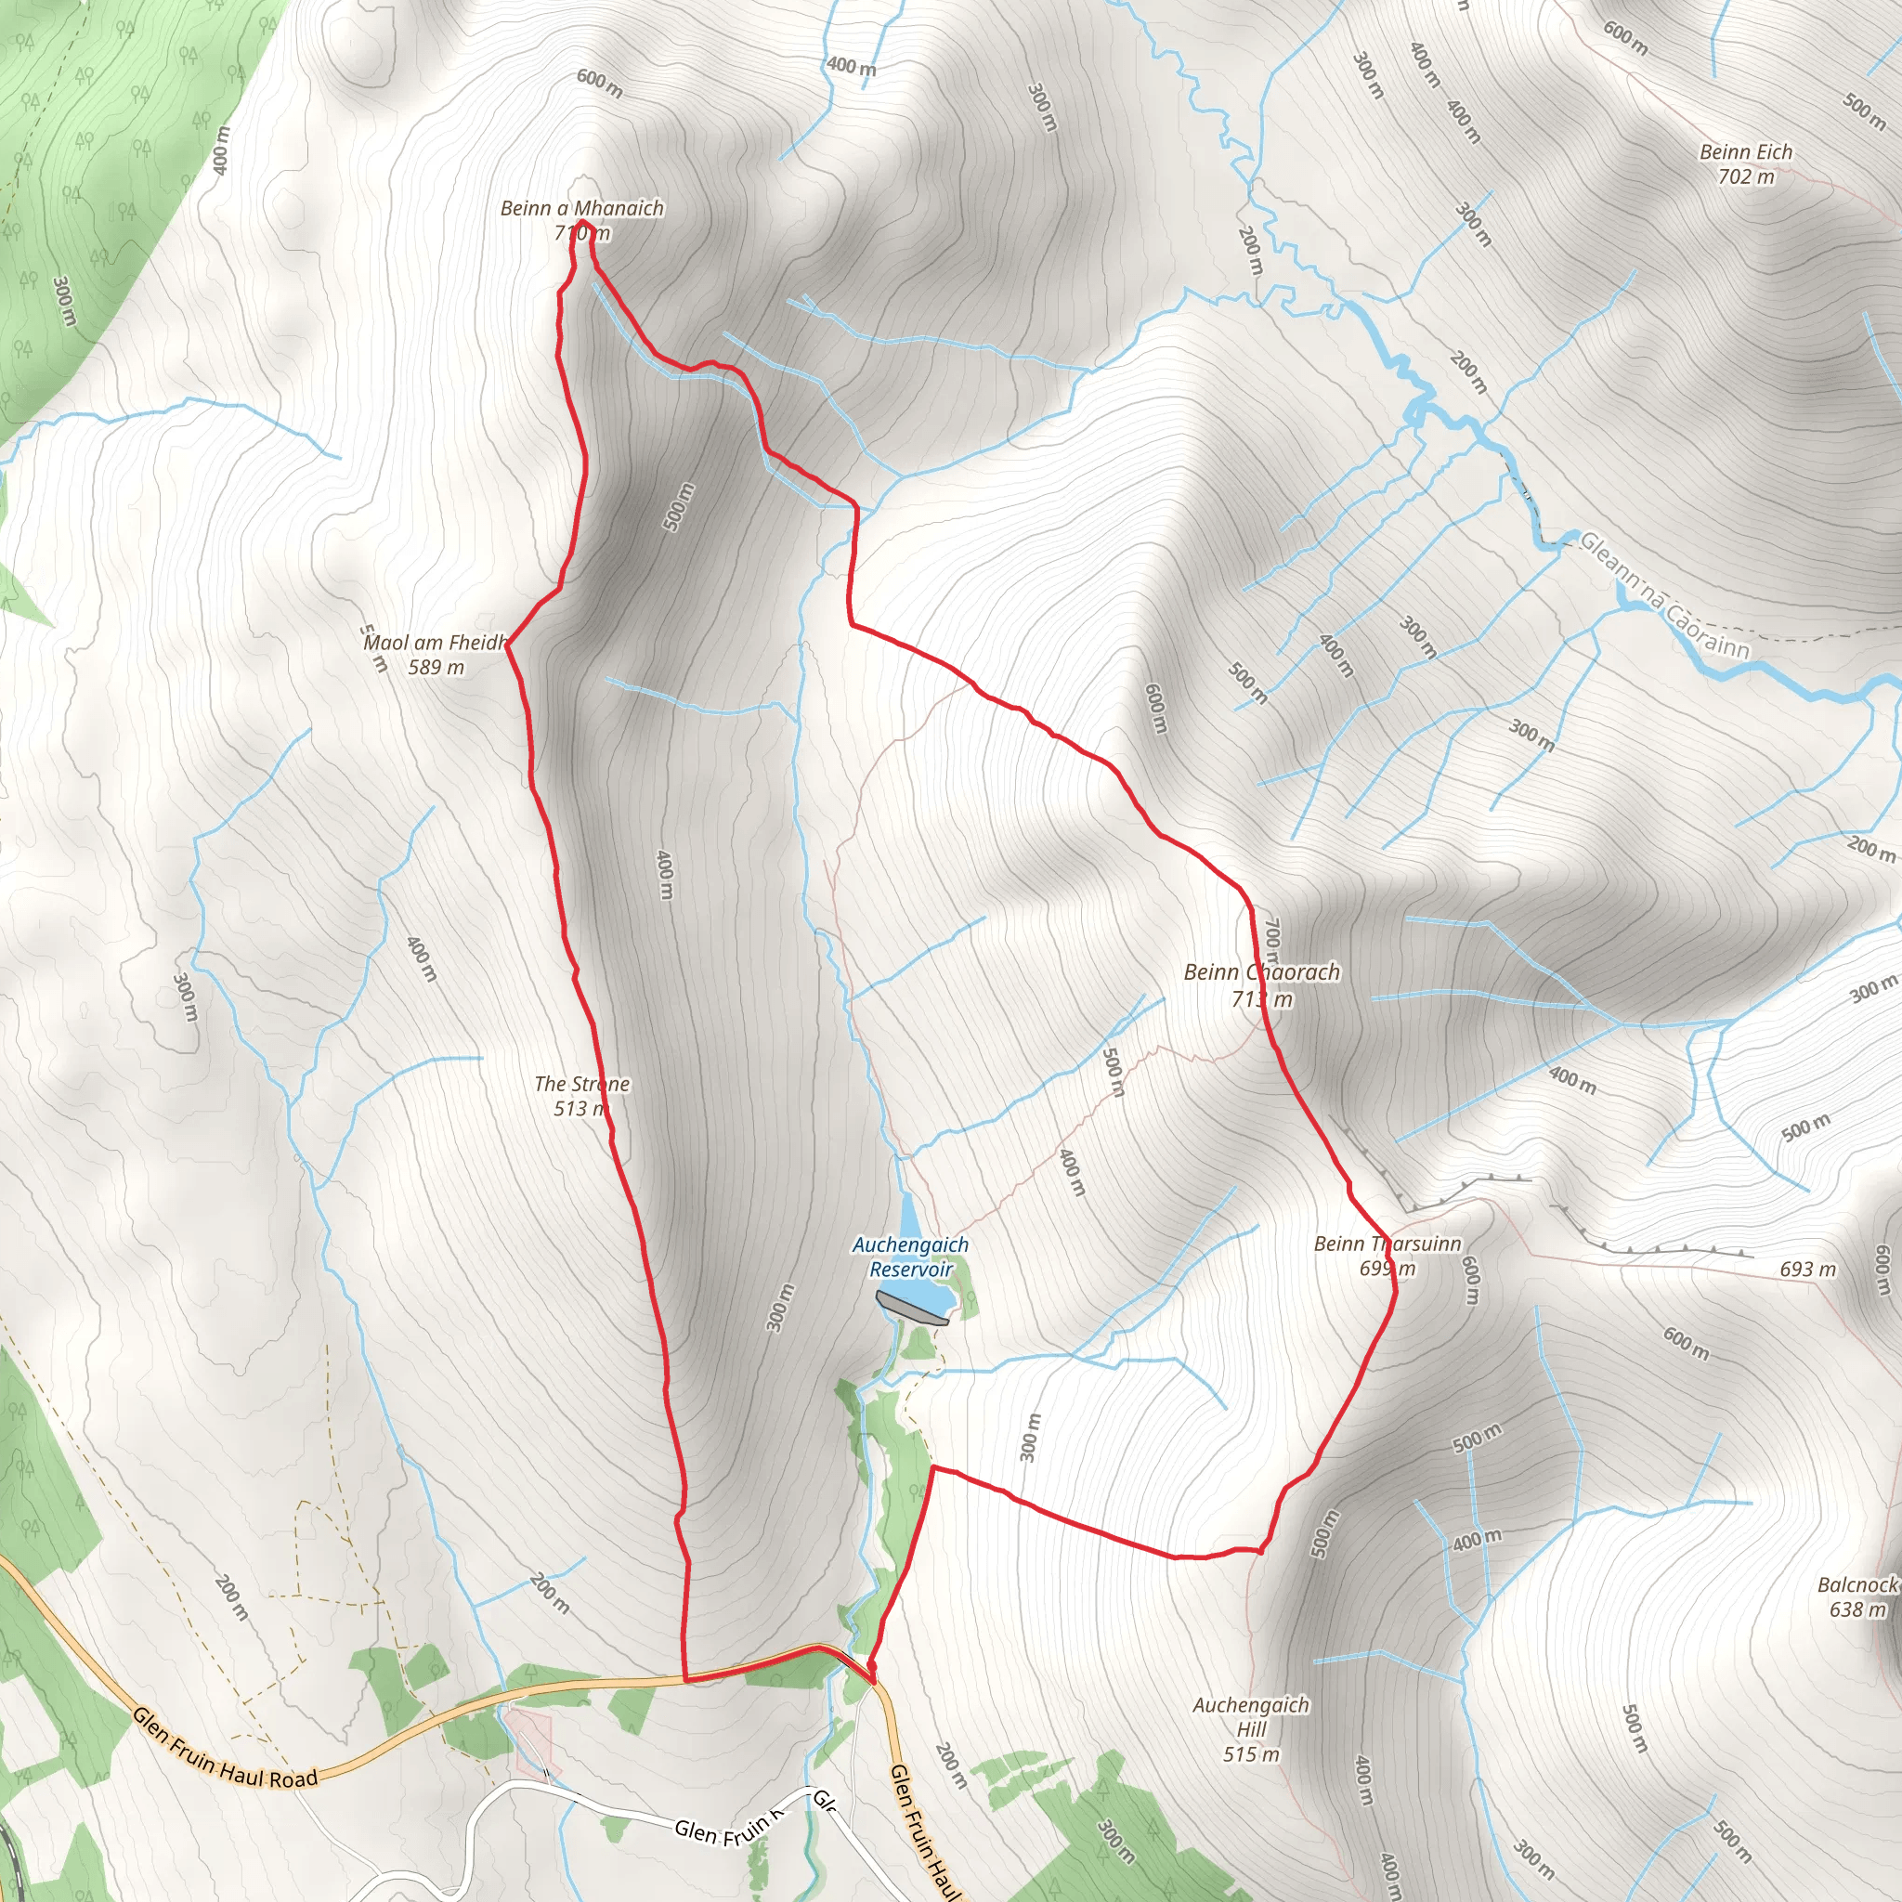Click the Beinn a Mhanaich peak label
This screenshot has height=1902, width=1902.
tap(581, 209)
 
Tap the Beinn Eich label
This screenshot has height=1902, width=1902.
tap(1745, 152)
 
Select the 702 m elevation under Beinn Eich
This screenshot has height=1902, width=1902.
tap(1745, 177)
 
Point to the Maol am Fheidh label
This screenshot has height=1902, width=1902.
tap(436, 643)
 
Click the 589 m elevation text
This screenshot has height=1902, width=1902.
tap(436, 668)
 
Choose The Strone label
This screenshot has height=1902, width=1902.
tap(581, 1084)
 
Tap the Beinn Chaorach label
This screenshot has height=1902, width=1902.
tap(1262, 972)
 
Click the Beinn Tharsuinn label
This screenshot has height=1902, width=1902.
tap(1387, 1244)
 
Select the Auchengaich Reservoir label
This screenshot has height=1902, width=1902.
tap(911, 1257)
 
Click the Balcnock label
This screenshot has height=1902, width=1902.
tap(1856, 1584)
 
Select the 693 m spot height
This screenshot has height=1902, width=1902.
tap(1807, 1269)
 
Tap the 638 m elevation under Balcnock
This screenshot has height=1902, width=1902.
tap(1857, 1609)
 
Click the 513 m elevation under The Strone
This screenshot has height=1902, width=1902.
tap(580, 1109)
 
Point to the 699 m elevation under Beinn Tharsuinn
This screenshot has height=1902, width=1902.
tap(1387, 1268)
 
